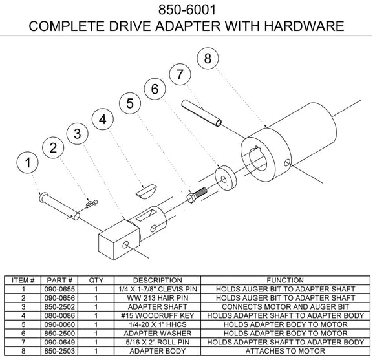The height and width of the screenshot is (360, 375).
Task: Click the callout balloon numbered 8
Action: (x=208, y=58)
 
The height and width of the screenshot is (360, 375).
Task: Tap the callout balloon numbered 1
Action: (x=28, y=163)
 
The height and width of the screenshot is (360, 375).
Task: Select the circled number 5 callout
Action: (x=130, y=103)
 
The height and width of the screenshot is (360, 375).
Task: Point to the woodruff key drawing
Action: (x=146, y=191)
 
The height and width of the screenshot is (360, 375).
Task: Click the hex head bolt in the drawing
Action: (x=197, y=195)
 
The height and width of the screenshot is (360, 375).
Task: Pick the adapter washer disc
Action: (x=226, y=178)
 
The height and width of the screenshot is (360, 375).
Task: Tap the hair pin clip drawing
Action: (x=92, y=204)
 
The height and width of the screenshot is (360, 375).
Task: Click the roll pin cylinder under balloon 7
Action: (x=201, y=113)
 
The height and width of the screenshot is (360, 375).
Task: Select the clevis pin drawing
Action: (x=59, y=206)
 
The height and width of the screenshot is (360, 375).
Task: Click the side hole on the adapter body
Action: (x=287, y=164)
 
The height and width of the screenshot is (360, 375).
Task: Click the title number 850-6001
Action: (x=187, y=10)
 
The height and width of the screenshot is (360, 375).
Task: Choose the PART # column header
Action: (x=59, y=280)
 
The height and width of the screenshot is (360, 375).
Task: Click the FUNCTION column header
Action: (x=285, y=280)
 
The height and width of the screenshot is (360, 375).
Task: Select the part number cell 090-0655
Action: (x=59, y=289)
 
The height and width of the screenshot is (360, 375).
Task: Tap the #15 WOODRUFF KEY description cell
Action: (x=157, y=315)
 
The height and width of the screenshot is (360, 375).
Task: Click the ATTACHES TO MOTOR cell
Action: (x=285, y=351)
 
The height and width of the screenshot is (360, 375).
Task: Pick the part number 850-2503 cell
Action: (x=59, y=351)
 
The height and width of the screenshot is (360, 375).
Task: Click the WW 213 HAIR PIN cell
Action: (x=157, y=298)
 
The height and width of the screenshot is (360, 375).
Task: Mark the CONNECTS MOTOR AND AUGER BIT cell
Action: (x=285, y=307)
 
